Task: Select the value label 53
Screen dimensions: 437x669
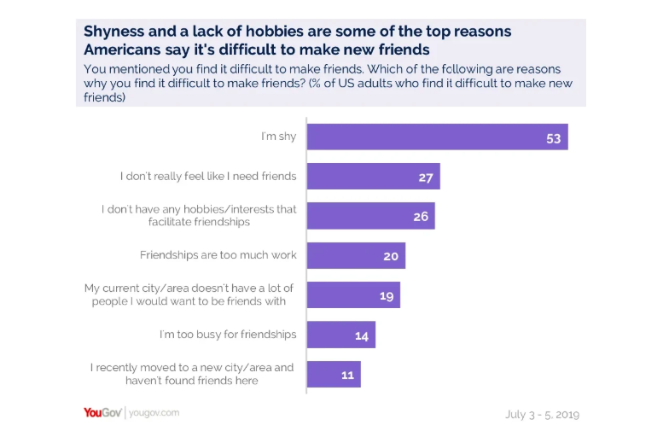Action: (554, 138)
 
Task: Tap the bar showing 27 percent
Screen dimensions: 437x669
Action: (373, 177)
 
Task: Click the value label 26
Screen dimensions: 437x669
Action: (421, 217)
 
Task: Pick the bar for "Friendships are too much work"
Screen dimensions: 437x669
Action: (356, 255)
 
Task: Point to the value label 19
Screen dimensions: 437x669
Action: (386, 295)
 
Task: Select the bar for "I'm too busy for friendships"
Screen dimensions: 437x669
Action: (340, 335)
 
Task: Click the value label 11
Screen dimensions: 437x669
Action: (346, 375)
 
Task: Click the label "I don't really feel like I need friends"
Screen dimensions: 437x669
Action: (208, 177)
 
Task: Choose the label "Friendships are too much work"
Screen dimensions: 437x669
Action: (218, 255)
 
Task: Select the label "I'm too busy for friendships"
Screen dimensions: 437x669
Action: (228, 335)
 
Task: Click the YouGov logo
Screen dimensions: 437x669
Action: (103, 413)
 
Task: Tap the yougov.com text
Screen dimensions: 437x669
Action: (154, 413)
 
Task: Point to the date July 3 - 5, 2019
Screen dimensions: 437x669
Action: (542, 415)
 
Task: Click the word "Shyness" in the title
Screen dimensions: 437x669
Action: (118, 32)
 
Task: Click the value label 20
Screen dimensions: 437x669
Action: (391, 256)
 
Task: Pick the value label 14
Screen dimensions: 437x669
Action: (361, 335)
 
